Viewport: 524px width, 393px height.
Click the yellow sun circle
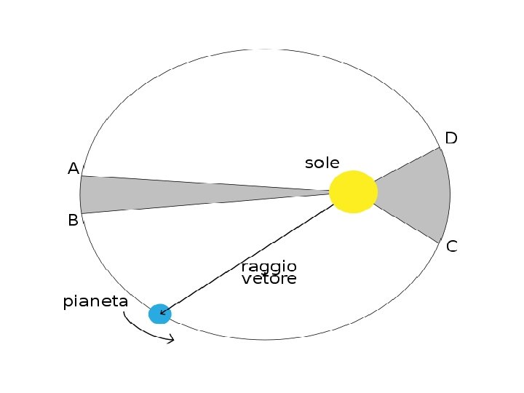pos(353,191)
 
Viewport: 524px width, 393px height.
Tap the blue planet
pos(159,314)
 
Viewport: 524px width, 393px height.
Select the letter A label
pos(73,169)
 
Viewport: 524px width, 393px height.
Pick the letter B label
pos(73,220)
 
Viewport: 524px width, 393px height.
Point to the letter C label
pos(451,247)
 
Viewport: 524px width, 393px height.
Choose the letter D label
pos(451,138)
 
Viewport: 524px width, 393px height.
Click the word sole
pos(322,163)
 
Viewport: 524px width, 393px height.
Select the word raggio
pos(269,266)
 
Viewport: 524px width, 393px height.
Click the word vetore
pos(269,279)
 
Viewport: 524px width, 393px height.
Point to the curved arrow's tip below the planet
pos(173,339)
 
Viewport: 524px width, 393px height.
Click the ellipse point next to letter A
pos(81,176)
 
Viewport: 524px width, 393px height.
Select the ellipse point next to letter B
pos(82,213)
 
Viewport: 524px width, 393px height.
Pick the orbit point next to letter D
pos(439,148)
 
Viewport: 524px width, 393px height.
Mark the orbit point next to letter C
pos(440,242)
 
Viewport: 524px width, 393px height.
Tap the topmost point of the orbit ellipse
pos(266,49)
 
